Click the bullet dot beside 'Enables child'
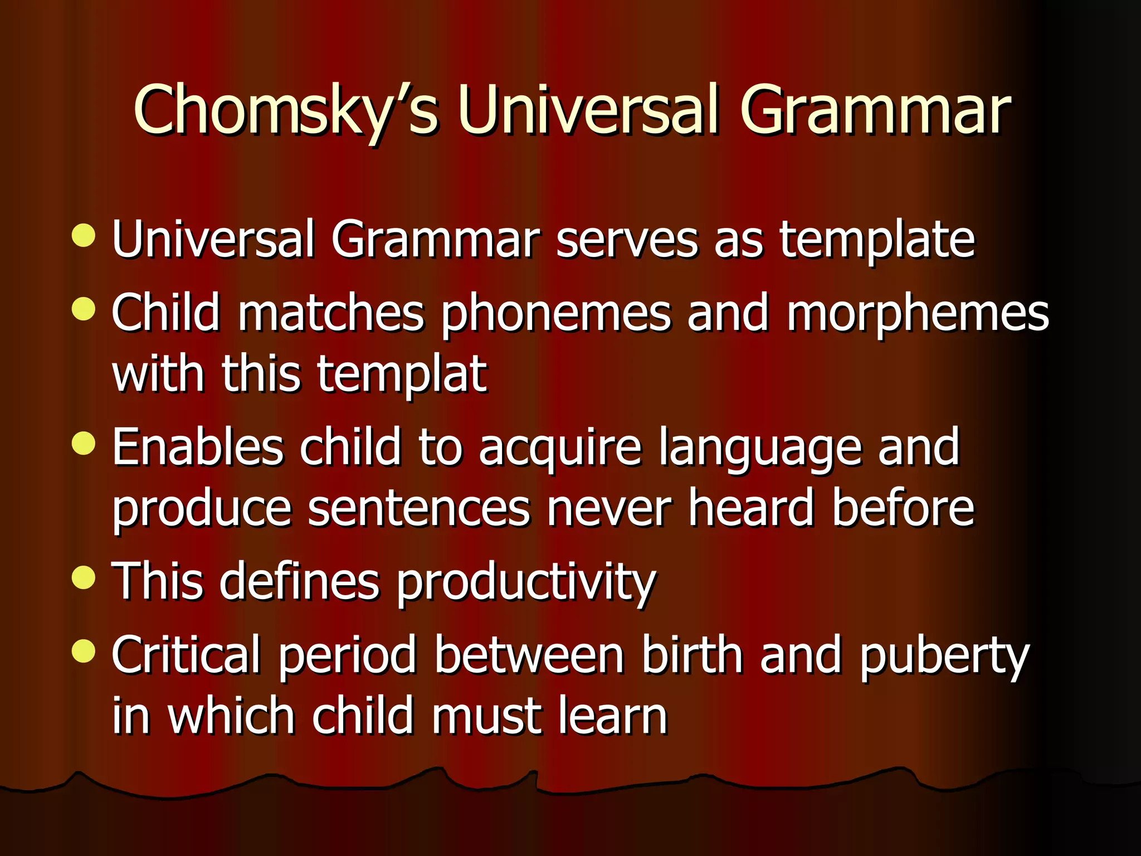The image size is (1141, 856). point(84,444)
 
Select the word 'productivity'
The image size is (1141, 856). point(526,583)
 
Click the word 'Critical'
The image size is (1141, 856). point(186,655)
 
